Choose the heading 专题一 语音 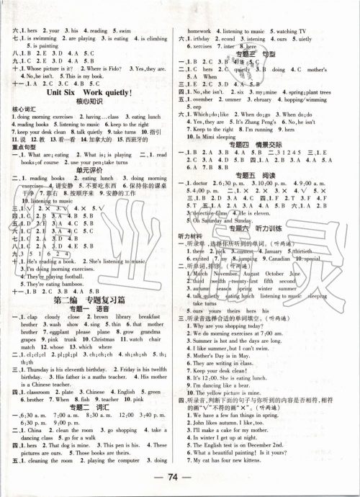click(x=91, y=307)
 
